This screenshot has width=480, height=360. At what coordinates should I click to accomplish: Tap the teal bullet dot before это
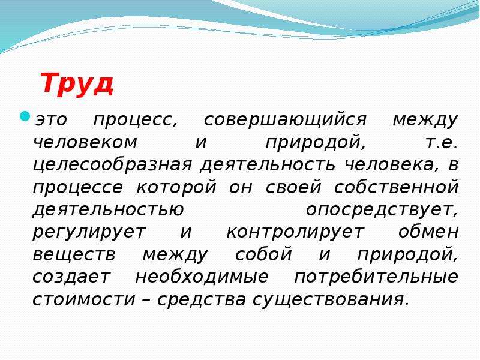(25, 116)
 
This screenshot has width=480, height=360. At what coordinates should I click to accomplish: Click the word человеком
(85, 142)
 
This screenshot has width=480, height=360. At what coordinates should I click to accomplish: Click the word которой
(176, 187)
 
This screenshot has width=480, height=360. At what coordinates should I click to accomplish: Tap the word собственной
(396, 187)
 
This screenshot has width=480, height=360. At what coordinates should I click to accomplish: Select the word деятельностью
(108, 210)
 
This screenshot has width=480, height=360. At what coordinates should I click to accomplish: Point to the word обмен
(428, 232)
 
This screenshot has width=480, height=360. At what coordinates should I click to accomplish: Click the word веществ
(74, 254)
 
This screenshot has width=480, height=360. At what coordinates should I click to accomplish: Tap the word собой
(263, 254)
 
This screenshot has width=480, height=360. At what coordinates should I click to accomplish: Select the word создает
(71, 277)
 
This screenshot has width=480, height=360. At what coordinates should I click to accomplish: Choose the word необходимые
(202, 277)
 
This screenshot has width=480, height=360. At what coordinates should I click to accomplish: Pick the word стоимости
(83, 299)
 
